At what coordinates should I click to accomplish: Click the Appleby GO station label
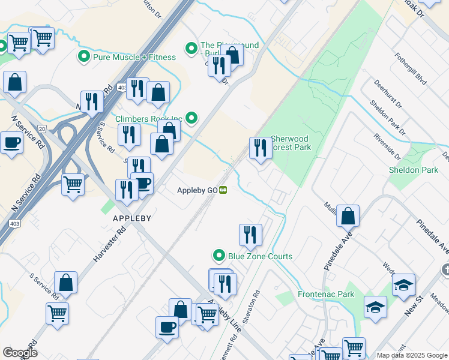click(x=196, y=191)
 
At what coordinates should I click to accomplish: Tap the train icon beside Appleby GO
click(x=223, y=191)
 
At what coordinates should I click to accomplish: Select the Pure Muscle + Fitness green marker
click(x=83, y=57)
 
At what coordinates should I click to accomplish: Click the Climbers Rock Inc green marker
click(x=191, y=118)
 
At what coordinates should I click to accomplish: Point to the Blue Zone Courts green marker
click(x=220, y=256)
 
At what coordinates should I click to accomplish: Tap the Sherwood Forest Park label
click(x=291, y=143)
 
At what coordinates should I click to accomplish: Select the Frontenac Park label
click(x=326, y=294)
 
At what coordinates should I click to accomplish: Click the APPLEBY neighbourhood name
click(x=131, y=218)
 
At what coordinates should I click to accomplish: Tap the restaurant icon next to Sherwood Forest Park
click(x=260, y=147)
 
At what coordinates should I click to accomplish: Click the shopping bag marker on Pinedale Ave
click(x=348, y=215)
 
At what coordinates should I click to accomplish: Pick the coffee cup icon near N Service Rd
click(x=11, y=143)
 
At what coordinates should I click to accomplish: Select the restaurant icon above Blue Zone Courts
click(x=250, y=234)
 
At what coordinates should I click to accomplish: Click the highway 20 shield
click(x=41, y=129)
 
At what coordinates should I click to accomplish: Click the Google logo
click(x=20, y=353)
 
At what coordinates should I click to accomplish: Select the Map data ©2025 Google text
click(x=411, y=355)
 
